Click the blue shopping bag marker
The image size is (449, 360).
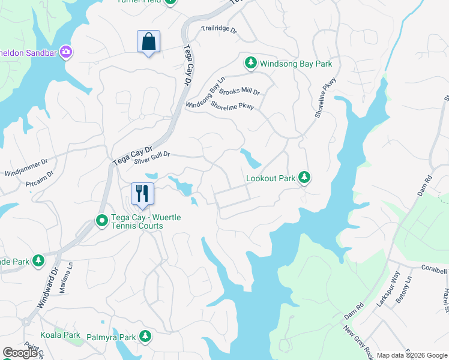(x=148, y=42)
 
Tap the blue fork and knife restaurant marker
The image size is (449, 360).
(x=142, y=194)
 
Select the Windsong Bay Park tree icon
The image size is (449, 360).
(x=251, y=62)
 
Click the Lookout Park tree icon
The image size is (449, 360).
(x=305, y=177)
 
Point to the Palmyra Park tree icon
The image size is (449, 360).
(x=145, y=336)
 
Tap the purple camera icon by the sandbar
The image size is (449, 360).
(x=66, y=52)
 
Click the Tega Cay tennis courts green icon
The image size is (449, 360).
(x=102, y=222)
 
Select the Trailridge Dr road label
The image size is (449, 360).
(x=220, y=29)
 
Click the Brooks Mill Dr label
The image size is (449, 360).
(x=240, y=92)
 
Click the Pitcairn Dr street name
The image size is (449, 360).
(x=40, y=178)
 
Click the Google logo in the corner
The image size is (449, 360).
(x=20, y=353)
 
